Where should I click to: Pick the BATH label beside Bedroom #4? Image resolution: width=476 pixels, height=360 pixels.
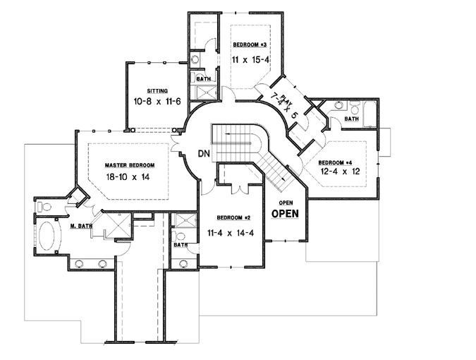click(350, 119)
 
